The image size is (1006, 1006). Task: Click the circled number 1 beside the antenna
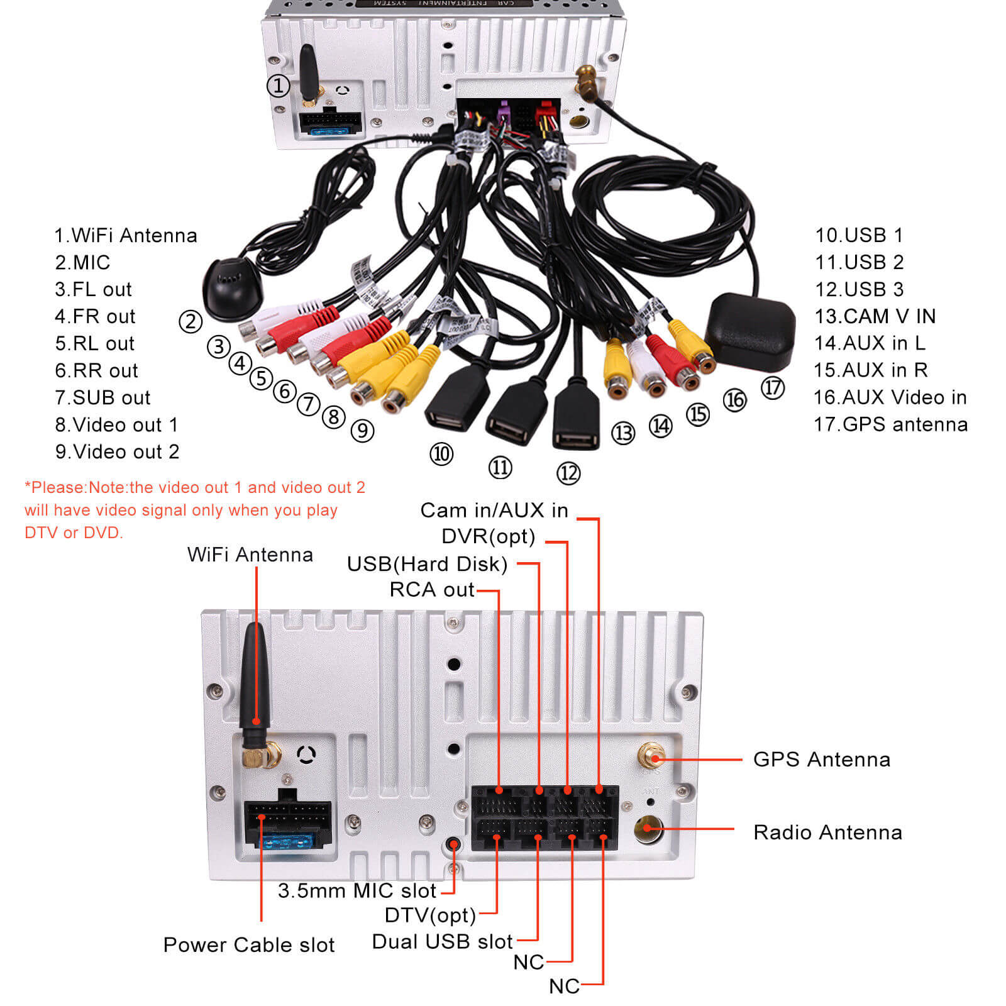click(x=278, y=86)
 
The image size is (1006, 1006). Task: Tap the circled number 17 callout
click(x=773, y=387)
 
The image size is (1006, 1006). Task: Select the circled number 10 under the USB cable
click(x=441, y=453)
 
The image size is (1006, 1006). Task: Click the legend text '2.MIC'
click(x=82, y=262)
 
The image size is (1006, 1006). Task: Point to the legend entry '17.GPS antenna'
click(x=890, y=424)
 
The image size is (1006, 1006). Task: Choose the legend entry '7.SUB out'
click(x=102, y=397)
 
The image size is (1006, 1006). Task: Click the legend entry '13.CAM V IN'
click(x=875, y=316)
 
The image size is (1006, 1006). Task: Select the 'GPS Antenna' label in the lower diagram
click(x=821, y=760)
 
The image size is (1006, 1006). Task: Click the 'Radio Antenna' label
click(x=827, y=832)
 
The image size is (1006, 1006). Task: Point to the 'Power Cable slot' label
click(x=249, y=945)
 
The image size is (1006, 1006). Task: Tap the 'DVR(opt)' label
click(x=488, y=536)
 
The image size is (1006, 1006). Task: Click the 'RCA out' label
click(x=432, y=590)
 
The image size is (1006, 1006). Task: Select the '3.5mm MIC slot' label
click(x=357, y=891)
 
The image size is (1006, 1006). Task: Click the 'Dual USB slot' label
click(x=442, y=942)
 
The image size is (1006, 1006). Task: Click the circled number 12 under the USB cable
click(x=568, y=473)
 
